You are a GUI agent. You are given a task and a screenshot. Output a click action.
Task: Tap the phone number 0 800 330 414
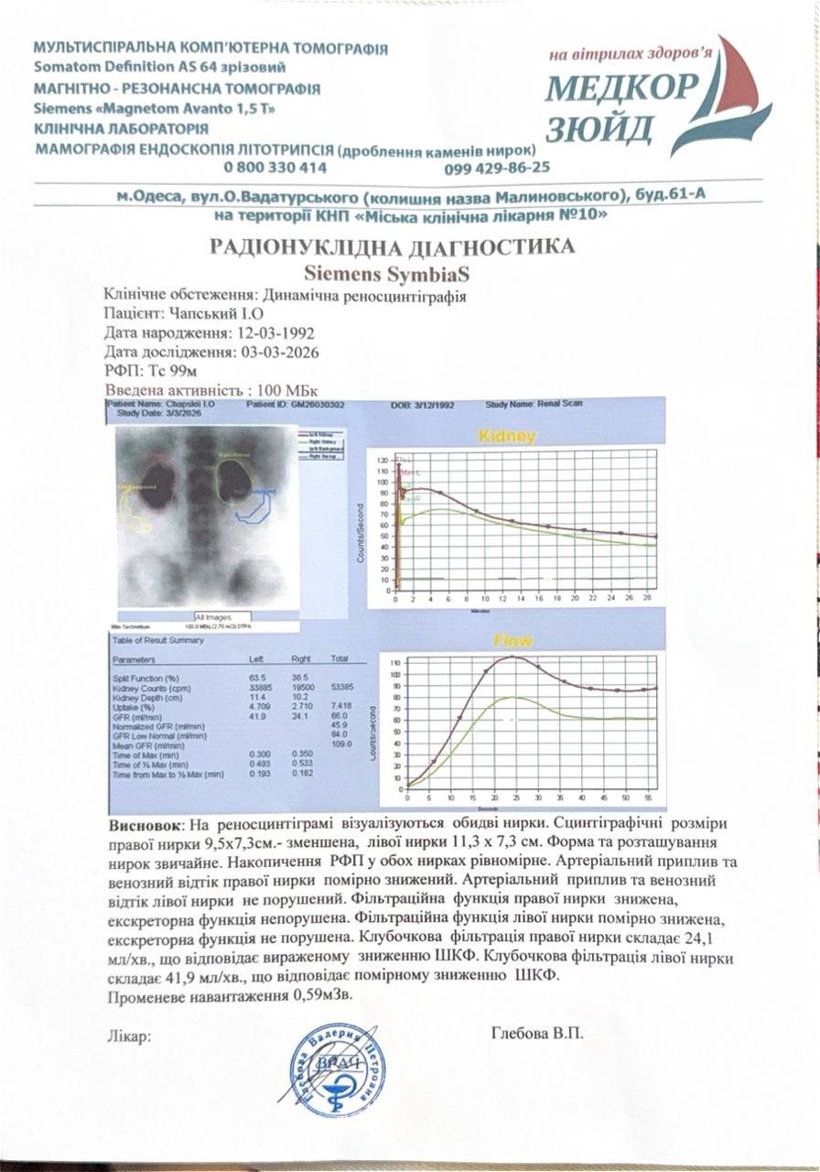click(x=275, y=168)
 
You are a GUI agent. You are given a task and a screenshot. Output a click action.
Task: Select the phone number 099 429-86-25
click(x=497, y=168)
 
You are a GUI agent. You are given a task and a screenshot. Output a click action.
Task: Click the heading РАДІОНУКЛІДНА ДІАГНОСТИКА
click(x=393, y=246)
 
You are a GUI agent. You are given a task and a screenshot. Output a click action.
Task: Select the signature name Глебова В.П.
click(x=537, y=1034)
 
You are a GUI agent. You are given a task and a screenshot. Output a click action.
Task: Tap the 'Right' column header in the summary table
click(x=301, y=659)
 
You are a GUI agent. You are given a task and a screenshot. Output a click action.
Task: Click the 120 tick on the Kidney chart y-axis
click(x=383, y=457)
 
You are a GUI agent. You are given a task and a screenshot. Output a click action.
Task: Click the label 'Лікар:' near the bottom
click(x=129, y=1036)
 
